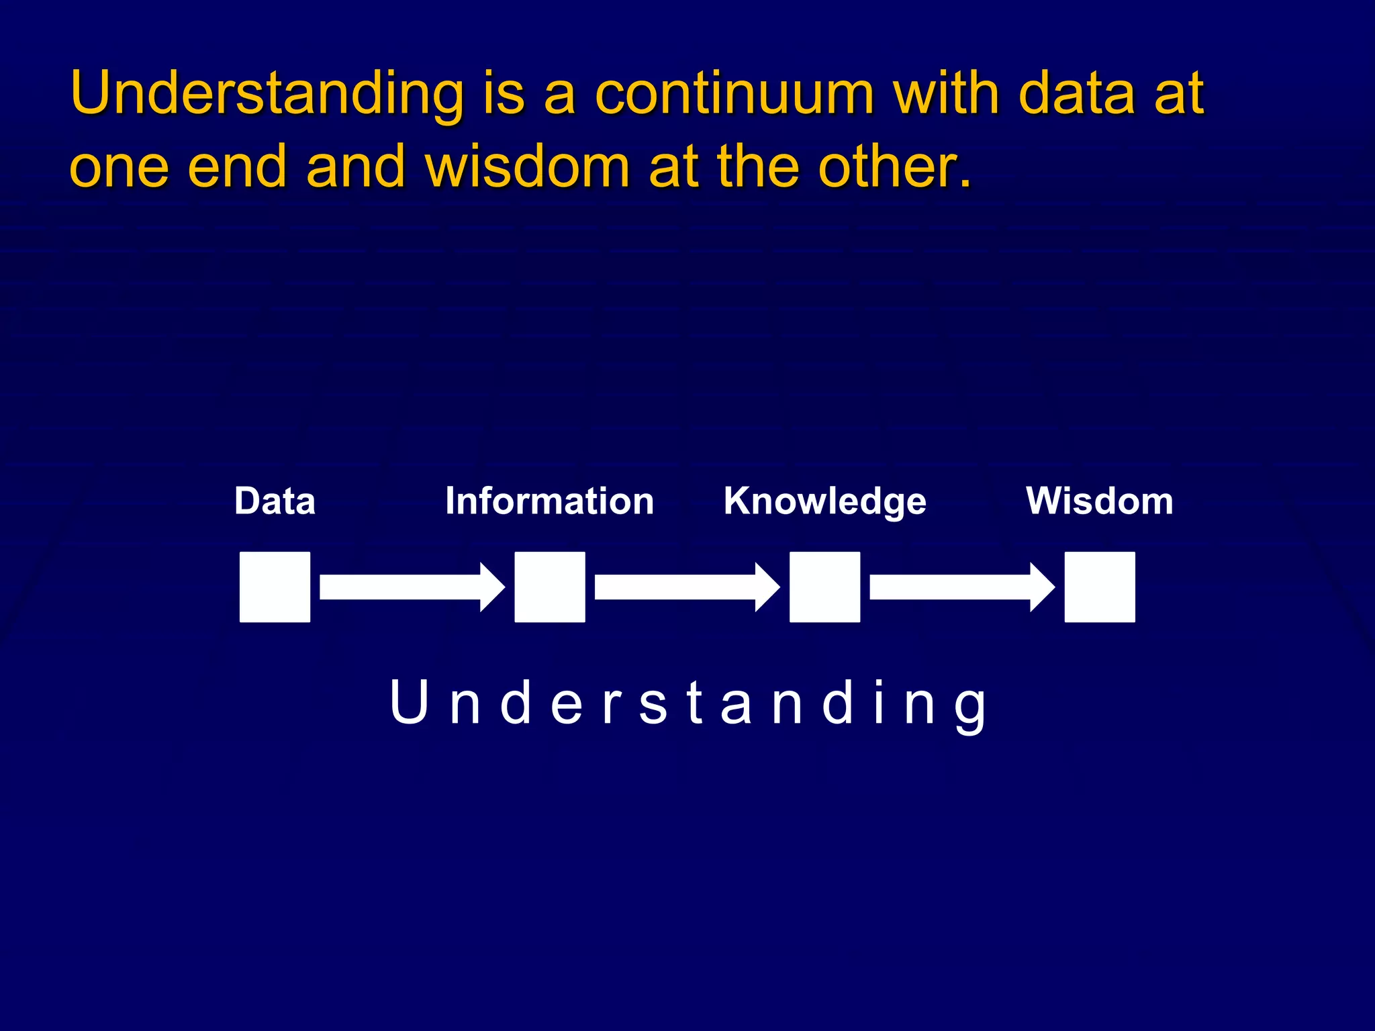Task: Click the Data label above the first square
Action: pos(275,501)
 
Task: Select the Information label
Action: pos(549,501)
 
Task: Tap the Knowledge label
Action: pos(824,502)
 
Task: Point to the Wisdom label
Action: pos(1100,501)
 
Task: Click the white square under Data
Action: pos(275,587)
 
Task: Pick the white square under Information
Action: pos(550,587)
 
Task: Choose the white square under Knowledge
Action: pos(824,587)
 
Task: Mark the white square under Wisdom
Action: pos(1100,587)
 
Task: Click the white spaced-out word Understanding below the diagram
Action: pos(687,703)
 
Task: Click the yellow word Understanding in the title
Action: pos(267,94)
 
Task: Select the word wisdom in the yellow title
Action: pos(528,166)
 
